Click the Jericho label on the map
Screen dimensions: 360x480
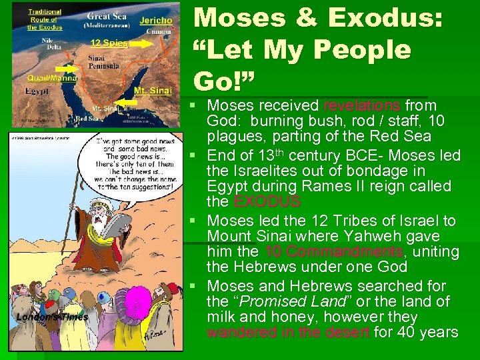point(156,21)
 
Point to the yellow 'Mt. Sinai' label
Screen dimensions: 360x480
point(150,89)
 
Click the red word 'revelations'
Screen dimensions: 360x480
point(362,105)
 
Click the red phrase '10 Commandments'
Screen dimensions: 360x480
point(333,252)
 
